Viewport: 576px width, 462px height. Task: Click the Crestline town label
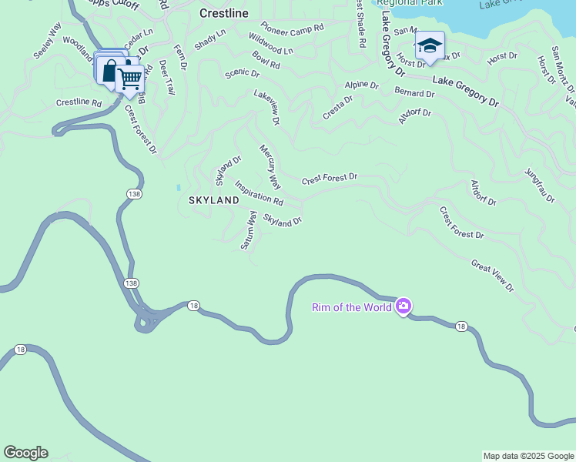click(223, 13)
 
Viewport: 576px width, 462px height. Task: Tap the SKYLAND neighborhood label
click(214, 200)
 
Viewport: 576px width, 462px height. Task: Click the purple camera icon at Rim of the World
click(403, 306)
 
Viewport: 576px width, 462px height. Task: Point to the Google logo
click(25, 453)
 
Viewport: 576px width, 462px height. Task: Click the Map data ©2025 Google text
click(528, 456)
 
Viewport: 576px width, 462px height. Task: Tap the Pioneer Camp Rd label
click(292, 32)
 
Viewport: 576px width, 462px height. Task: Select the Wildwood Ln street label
click(271, 43)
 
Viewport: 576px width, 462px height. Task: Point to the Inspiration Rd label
click(259, 192)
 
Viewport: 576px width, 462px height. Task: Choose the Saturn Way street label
click(248, 230)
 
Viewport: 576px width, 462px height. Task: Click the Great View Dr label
click(492, 275)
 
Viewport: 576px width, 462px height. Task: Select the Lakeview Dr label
click(266, 106)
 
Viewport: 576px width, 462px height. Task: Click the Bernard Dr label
click(414, 93)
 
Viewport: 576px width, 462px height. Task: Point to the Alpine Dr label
click(362, 84)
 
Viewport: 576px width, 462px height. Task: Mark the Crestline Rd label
click(79, 102)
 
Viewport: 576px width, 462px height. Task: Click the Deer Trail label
click(167, 77)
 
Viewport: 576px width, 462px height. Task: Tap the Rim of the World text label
click(351, 308)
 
